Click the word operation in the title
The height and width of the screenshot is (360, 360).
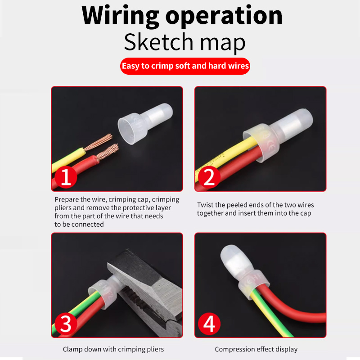tap(224, 16)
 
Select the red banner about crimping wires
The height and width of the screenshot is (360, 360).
tap(185, 66)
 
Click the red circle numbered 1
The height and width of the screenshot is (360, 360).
tap(66, 177)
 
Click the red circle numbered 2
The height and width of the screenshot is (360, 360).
tap(209, 177)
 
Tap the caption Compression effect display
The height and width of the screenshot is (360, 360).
tap(256, 349)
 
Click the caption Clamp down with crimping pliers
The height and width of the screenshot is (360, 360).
tap(113, 349)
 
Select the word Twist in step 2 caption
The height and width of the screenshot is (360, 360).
tap(205, 205)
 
